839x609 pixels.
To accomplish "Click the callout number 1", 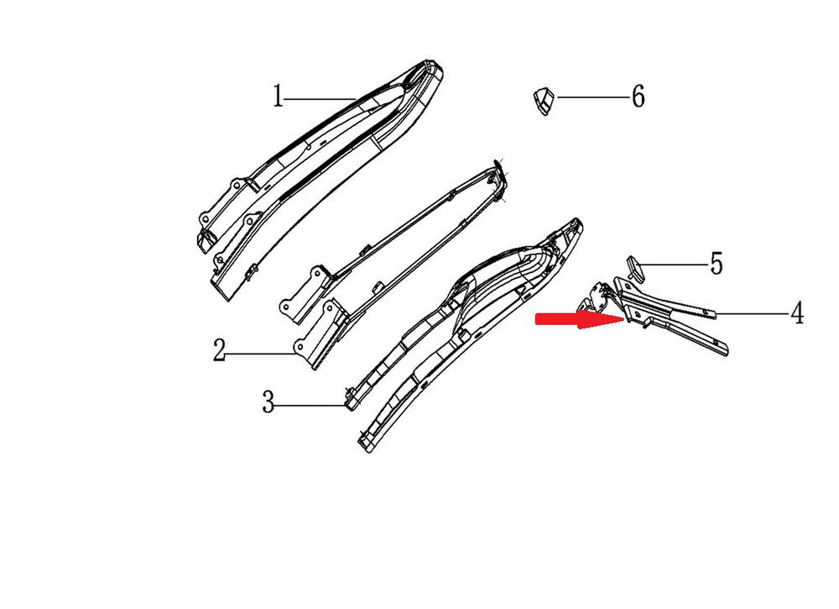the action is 277,97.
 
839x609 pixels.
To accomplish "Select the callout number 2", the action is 219,350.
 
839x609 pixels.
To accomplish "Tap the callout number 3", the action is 268,402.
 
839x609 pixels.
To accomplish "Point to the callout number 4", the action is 797,312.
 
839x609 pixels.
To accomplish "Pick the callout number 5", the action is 716,264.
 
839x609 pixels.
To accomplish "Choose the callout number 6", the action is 638,97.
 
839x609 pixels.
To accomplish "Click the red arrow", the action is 580,320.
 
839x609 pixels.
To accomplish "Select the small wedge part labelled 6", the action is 544,100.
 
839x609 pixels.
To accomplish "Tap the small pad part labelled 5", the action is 636,267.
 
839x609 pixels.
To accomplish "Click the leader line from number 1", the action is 320,98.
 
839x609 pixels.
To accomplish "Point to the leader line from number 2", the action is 261,354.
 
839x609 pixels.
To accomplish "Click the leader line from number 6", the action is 592,97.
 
